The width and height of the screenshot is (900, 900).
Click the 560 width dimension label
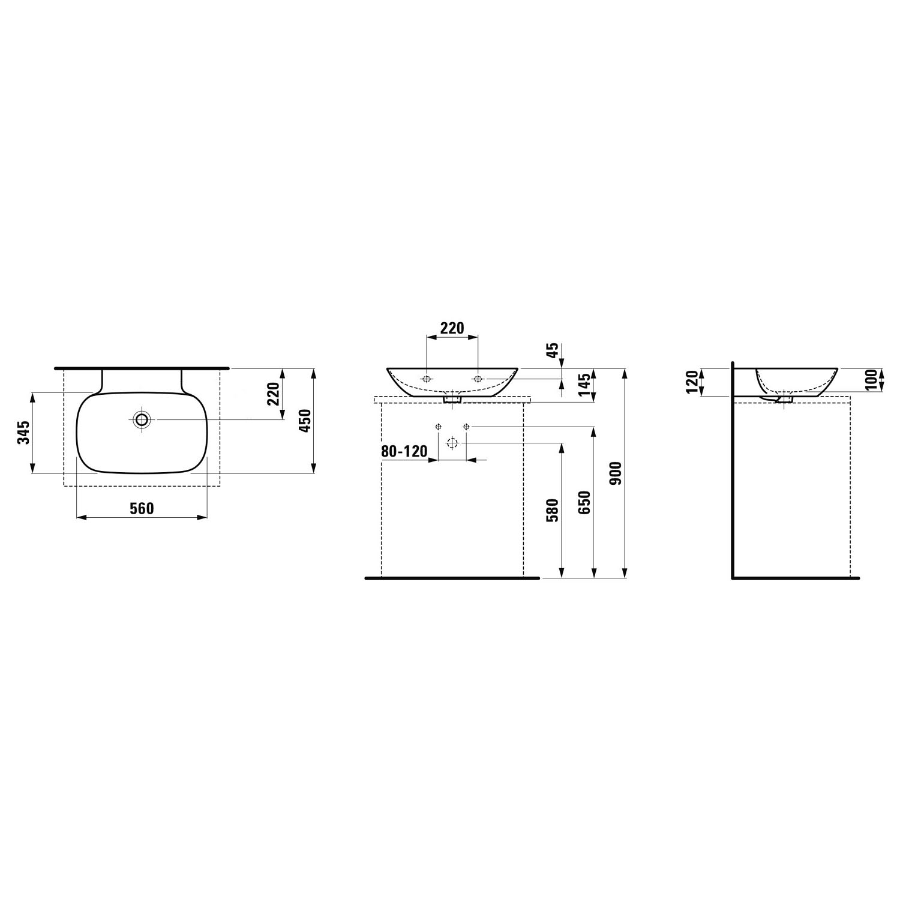tap(142, 509)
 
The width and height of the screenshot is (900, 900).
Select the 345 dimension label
tap(23, 433)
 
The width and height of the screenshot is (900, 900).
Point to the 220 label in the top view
tap(274, 394)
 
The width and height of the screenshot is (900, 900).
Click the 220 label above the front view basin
tap(452, 328)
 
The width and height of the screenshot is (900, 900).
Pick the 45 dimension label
tap(553, 350)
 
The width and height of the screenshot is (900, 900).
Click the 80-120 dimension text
tap(404, 451)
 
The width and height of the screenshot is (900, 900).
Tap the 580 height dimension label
tap(553, 511)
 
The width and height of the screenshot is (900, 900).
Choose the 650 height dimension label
tap(586, 502)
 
